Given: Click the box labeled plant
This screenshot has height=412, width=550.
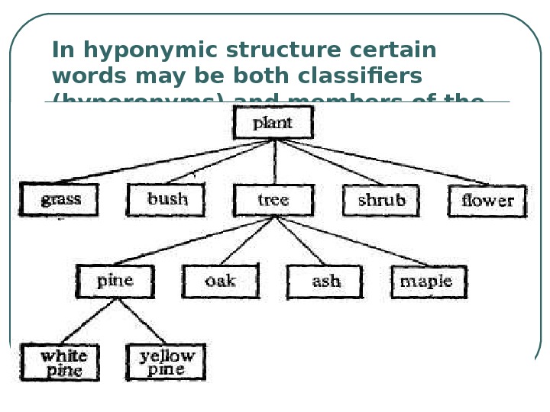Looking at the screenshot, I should pos(273,123).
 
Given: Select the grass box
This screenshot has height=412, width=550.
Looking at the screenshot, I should pos(60,201).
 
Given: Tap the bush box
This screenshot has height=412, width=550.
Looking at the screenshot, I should pos(167,200).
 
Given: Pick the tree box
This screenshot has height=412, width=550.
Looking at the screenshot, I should pos(273,201).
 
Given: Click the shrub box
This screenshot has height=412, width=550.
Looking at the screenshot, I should pos(381,201).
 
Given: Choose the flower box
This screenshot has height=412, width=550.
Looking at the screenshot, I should pos(487,201).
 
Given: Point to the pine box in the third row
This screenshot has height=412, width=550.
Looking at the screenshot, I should pos(115,281).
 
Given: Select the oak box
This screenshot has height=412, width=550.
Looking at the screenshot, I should pos(220,281).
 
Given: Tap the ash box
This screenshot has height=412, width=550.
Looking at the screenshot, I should pos(326,282).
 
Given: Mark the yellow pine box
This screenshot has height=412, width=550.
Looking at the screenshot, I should pos(167,363).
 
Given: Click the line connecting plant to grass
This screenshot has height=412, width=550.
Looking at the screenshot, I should pos(168,161).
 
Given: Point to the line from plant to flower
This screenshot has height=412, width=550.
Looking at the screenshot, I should pos(382,161).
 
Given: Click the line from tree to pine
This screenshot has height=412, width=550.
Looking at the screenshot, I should pos(195,241).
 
